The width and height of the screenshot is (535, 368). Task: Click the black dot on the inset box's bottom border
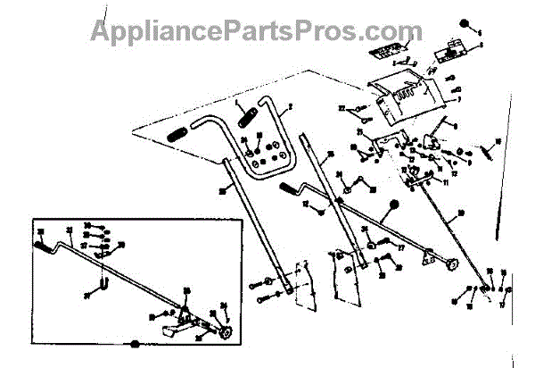pos(134,344)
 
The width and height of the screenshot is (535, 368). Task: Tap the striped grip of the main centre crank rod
pos(291,189)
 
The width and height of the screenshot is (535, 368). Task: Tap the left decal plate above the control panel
pos(385,51)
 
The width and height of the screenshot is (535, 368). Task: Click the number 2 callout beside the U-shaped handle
pos(290,108)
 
